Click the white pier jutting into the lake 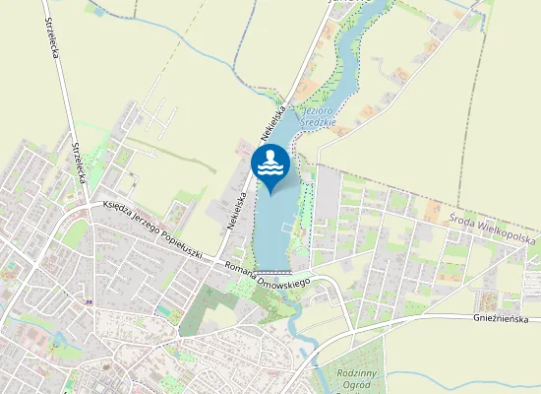pos(286,225)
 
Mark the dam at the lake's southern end pos(272,271)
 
